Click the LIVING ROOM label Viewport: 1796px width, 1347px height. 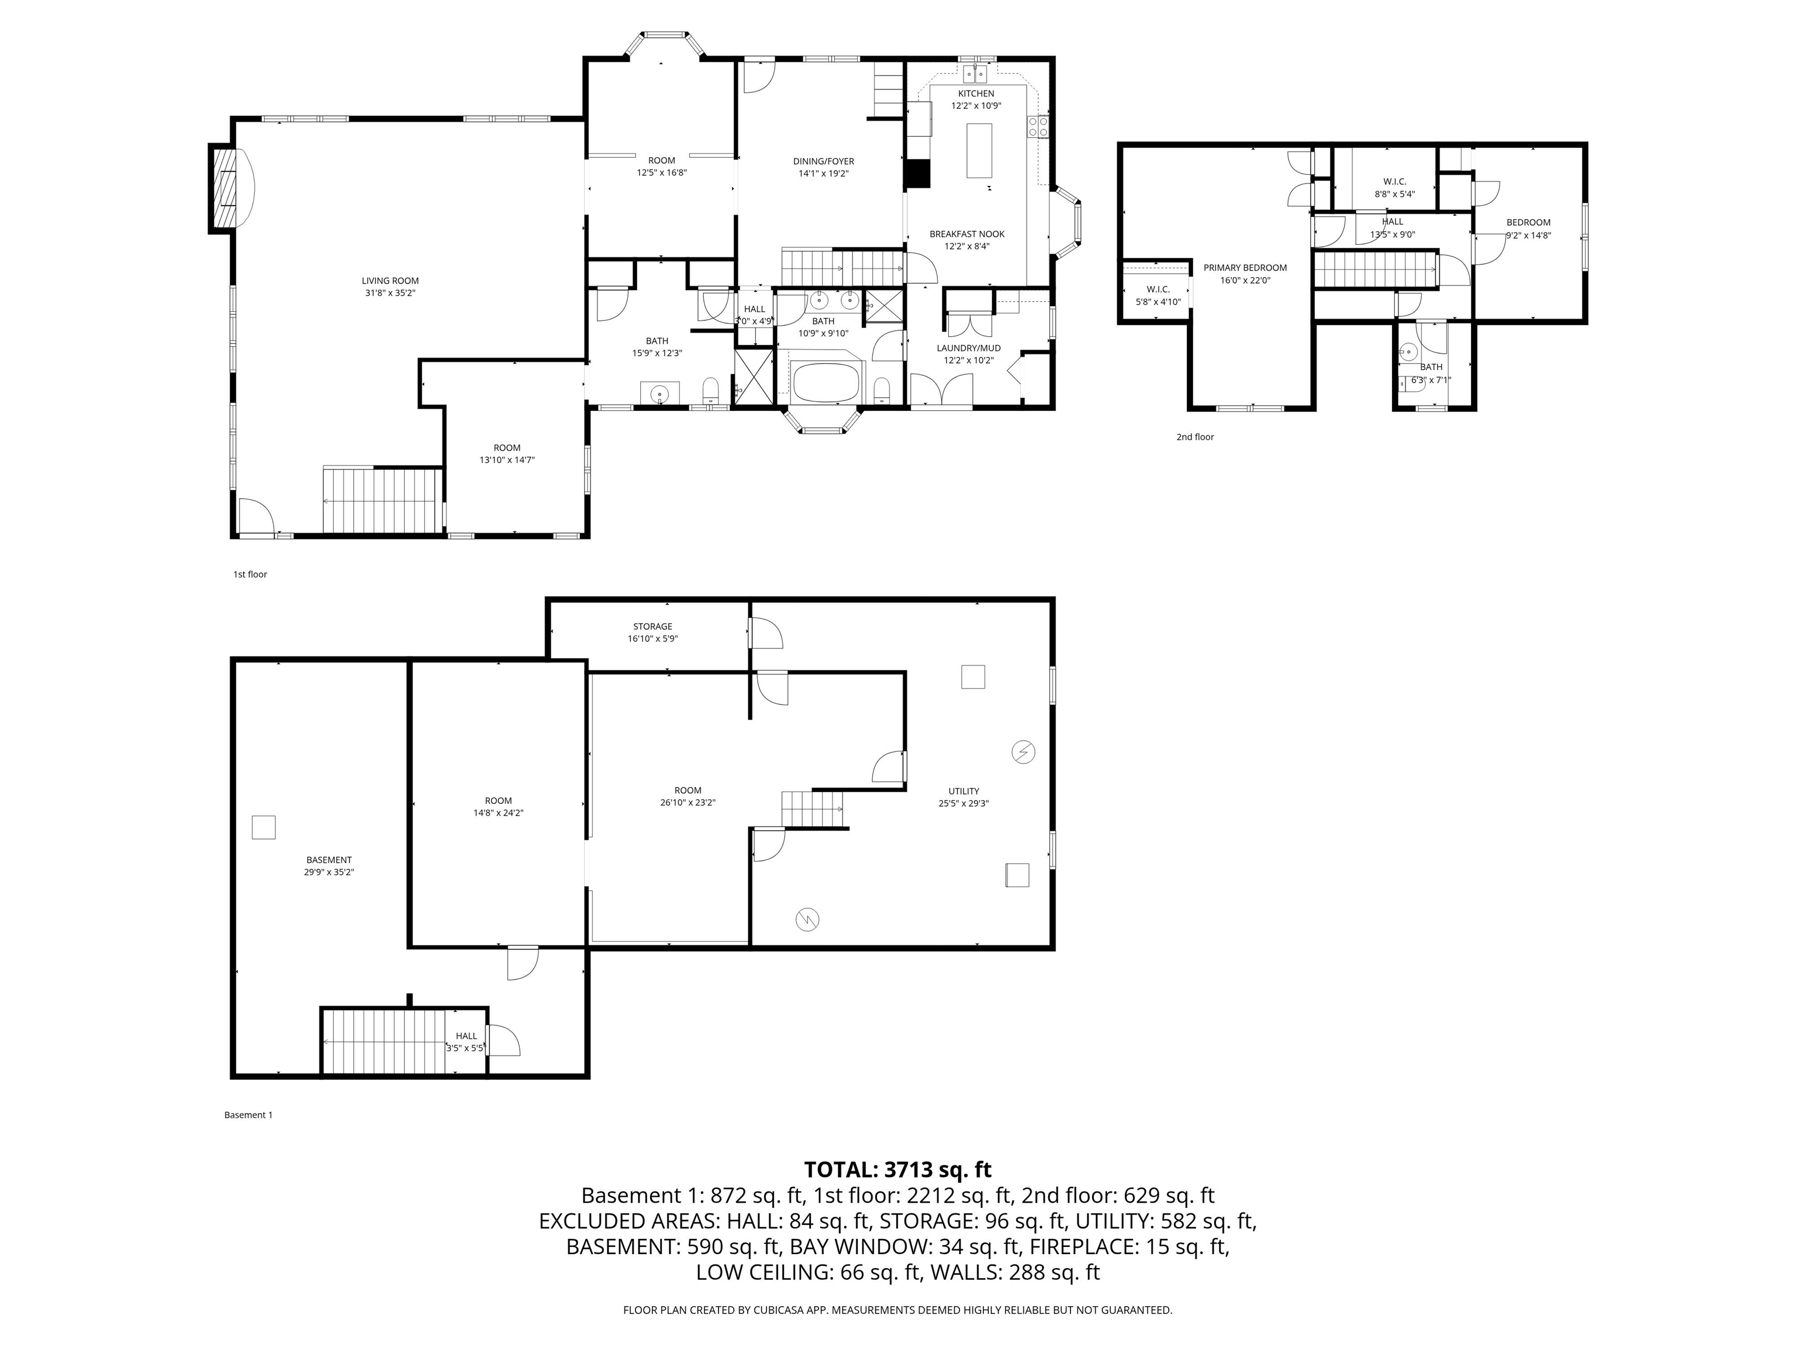390,281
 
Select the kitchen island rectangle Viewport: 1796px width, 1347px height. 979,150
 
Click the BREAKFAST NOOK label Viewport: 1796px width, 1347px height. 966,234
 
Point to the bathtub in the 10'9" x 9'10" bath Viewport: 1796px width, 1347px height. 825,382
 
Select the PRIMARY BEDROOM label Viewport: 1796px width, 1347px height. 1245,268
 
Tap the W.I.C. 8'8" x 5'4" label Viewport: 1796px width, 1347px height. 1394,182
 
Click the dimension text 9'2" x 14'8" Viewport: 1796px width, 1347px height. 1528,236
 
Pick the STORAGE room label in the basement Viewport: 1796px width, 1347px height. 653,627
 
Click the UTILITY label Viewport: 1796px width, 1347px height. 963,791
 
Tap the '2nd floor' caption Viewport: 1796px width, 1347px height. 1194,437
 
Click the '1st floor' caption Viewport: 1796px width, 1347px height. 250,574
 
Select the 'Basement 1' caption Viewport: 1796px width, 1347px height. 248,1115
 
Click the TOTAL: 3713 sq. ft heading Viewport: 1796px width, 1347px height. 897,1169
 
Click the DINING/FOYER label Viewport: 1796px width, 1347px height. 823,161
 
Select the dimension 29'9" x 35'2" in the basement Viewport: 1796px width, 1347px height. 329,872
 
